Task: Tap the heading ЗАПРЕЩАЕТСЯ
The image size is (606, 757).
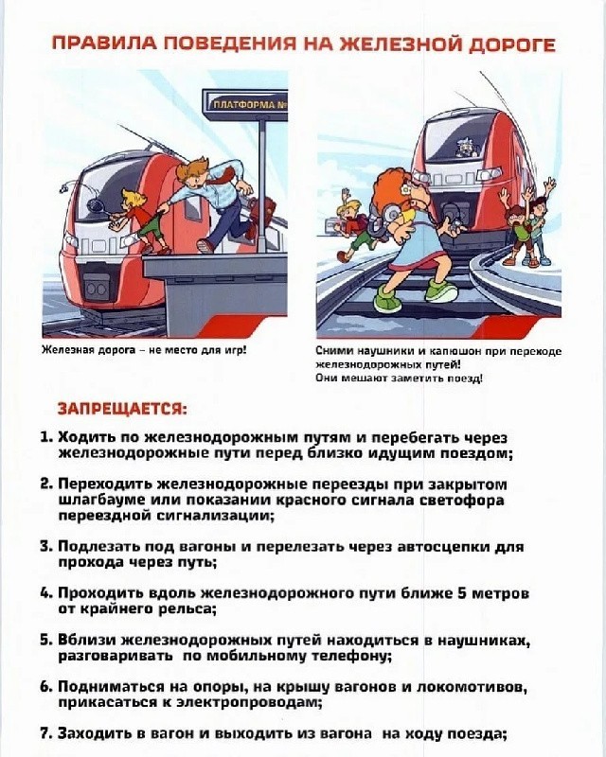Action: tap(122, 409)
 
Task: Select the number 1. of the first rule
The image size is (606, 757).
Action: tap(47, 437)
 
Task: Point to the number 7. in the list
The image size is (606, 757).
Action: tap(47, 733)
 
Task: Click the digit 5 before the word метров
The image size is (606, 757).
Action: tap(461, 593)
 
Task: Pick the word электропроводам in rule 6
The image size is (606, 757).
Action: tap(245, 702)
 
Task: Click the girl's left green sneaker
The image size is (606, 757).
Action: tap(387, 299)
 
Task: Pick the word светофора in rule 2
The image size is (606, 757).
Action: tap(461, 500)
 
